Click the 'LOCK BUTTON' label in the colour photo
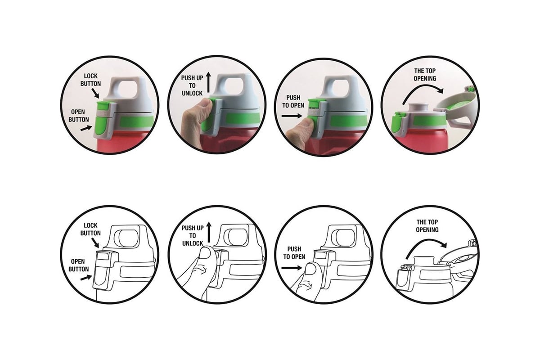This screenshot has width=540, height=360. (90, 80)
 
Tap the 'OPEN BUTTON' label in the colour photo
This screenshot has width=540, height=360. (79, 116)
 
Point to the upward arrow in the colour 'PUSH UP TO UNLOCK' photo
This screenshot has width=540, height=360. (208, 82)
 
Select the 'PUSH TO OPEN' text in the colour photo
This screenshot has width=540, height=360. (293, 102)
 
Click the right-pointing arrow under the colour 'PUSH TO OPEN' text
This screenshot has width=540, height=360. (292, 116)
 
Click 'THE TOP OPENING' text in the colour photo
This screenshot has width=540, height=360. (425, 75)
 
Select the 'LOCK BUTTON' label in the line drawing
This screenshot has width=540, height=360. (90, 229)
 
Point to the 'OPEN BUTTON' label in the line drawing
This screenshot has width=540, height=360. (79, 265)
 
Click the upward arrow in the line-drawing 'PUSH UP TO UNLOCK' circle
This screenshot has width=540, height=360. (209, 232)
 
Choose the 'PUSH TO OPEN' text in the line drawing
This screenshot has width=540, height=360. (294, 253)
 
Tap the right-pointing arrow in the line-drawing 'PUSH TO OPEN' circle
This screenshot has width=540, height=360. (292, 268)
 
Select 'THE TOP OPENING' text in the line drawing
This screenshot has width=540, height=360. (427, 226)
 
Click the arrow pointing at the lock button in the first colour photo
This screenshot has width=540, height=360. (95, 93)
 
